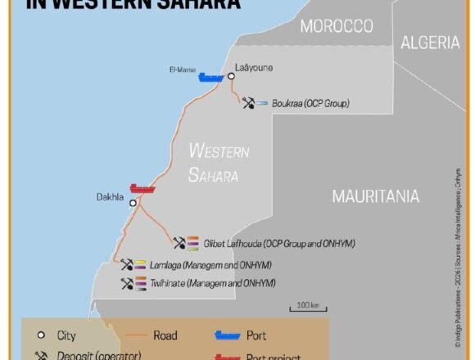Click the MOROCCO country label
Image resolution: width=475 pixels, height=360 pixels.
(x=337, y=26)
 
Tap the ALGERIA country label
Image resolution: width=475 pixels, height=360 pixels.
(x=429, y=43)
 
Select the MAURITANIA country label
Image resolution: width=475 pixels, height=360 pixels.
(x=375, y=196)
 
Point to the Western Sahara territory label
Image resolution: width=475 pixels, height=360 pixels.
(x=218, y=162)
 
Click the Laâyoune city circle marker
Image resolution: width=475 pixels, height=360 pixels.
(x=231, y=76)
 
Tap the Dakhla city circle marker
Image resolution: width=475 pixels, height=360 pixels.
(x=133, y=204)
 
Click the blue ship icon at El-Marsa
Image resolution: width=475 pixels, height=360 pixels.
(x=210, y=78)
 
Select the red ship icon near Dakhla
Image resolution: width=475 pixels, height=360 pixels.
(x=142, y=189)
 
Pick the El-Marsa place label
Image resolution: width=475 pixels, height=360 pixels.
(x=182, y=70)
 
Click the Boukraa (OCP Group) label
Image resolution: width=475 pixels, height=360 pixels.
(x=310, y=104)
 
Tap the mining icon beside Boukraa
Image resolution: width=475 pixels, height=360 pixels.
(x=248, y=103)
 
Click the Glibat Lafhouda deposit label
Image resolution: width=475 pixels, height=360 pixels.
(x=279, y=243)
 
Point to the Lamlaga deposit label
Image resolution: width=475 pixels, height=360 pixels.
(x=210, y=265)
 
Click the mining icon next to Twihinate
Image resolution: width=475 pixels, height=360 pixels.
(x=126, y=283)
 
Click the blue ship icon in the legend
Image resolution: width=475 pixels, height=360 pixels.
(x=227, y=335)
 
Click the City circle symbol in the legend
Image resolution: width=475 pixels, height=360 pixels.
(x=40, y=335)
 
